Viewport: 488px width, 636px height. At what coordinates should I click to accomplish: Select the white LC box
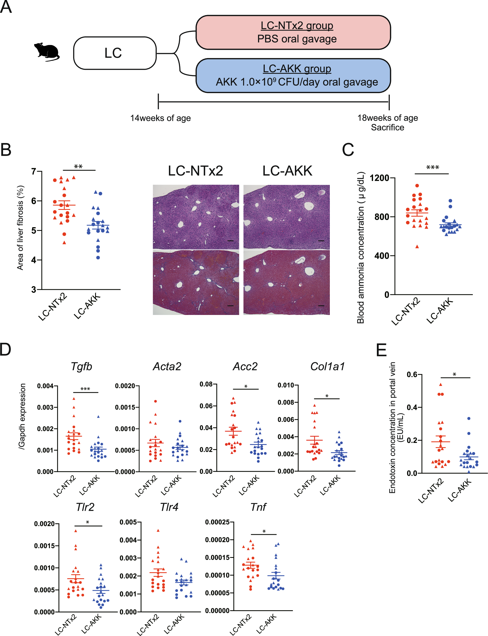[115, 53]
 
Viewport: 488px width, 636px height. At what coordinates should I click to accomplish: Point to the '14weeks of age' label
[160, 118]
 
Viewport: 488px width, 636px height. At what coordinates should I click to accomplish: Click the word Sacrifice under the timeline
[387, 127]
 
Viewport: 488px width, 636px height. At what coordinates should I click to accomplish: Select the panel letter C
[348, 150]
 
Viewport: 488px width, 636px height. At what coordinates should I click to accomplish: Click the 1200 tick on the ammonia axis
[379, 178]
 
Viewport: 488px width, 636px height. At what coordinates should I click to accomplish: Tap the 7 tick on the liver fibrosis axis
[34, 171]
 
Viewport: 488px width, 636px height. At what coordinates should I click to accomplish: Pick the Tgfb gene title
[82, 367]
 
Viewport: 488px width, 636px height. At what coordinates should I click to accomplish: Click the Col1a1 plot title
[327, 367]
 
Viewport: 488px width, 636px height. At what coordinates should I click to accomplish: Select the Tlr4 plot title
[169, 507]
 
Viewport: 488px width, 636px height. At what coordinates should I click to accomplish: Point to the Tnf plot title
[258, 507]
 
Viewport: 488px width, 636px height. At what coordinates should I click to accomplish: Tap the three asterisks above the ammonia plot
[432, 168]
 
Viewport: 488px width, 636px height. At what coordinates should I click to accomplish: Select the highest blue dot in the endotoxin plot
[468, 419]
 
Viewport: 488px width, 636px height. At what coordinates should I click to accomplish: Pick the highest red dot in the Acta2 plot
[155, 401]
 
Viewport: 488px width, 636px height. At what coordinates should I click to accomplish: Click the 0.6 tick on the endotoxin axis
[412, 374]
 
